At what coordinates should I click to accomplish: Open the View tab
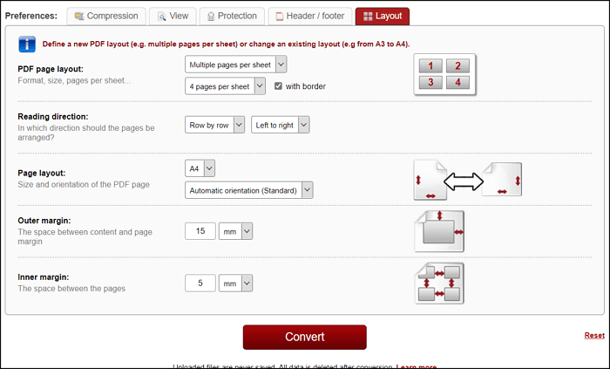tap(172, 16)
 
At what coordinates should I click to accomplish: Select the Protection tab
tap(231, 16)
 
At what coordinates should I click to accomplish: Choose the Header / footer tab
tap(309, 16)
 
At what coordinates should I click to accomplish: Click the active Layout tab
tap(382, 16)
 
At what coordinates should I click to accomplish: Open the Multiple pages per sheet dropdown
tap(236, 65)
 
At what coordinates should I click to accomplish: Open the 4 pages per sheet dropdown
tap(225, 85)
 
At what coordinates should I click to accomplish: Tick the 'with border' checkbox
tap(279, 86)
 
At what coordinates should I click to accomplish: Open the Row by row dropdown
tap(215, 126)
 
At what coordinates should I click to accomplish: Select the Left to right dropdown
tap(280, 126)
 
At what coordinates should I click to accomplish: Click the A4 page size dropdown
tap(200, 167)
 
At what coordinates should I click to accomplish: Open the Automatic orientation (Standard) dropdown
tap(248, 190)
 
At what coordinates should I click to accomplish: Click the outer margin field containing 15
tap(200, 231)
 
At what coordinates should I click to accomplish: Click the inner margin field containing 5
tap(200, 284)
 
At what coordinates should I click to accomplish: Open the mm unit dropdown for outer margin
tap(235, 231)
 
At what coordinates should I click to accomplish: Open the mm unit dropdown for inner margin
tap(235, 284)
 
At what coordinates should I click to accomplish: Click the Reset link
tap(593, 336)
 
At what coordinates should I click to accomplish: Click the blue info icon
tap(27, 44)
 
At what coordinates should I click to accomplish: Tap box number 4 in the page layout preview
tap(457, 83)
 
